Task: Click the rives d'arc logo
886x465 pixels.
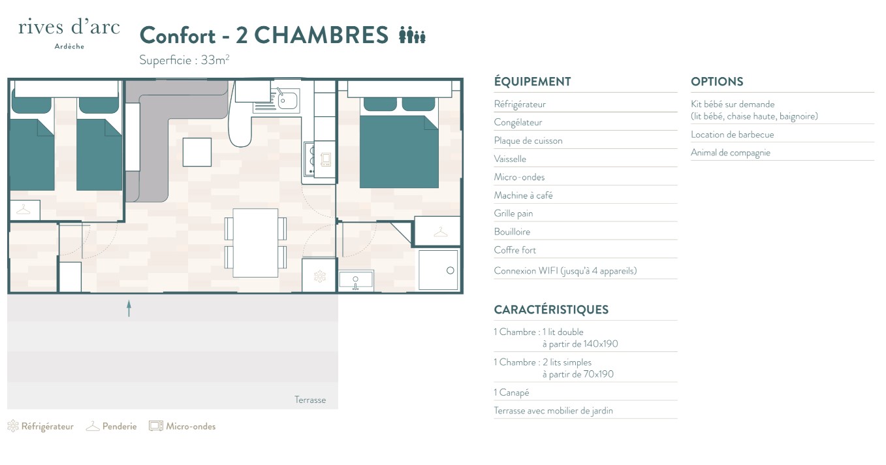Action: tap(69, 34)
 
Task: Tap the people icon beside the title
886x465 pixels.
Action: tap(412, 35)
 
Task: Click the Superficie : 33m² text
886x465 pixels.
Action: tap(184, 59)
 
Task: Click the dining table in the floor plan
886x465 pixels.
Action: tap(255, 243)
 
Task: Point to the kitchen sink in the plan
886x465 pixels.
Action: tap(287, 101)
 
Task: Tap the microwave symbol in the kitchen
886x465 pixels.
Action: tap(326, 159)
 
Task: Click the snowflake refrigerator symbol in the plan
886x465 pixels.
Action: tap(319, 276)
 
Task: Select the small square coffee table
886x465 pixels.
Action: tap(197, 152)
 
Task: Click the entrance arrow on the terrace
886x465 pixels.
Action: tap(129, 308)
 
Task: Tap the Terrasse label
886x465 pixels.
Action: tap(310, 400)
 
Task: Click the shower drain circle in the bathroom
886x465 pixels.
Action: tap(450, 270)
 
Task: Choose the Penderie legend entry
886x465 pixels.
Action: tap(112, 426)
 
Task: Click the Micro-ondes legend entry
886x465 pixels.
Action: tap(182, 426)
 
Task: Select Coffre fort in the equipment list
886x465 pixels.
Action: tap(515, 250)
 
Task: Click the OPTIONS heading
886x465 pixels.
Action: tap(717, 82)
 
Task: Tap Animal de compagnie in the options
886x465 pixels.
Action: tap(731, 153)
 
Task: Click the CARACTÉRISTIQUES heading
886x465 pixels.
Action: tap(551, 310)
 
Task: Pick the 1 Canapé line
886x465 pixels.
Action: tap(511, 393)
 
